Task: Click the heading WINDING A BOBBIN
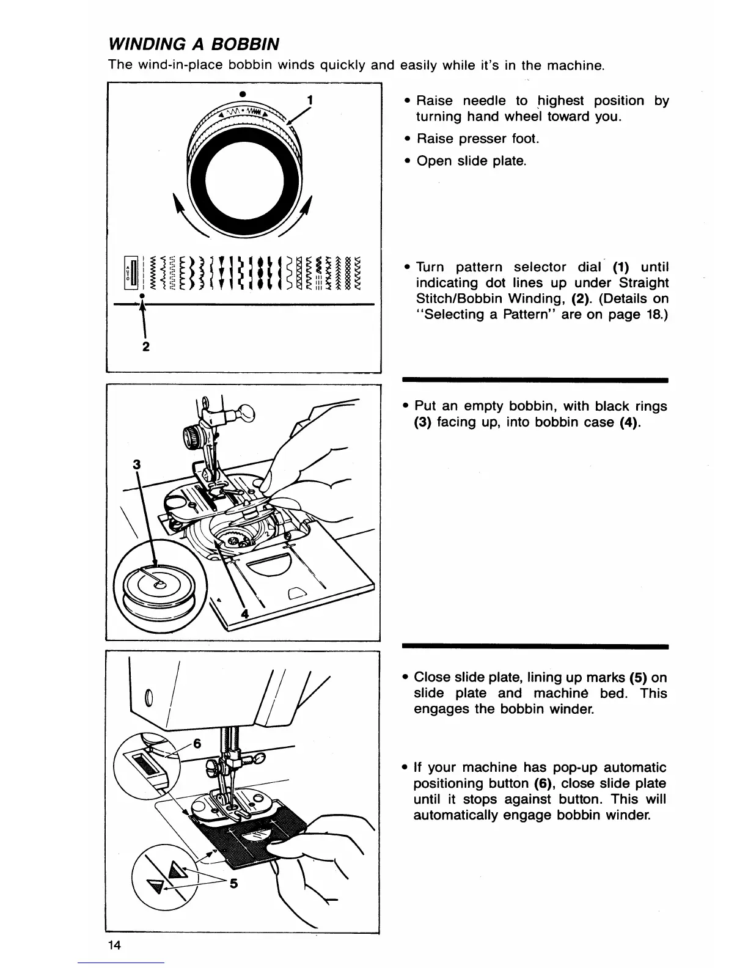[194, 44]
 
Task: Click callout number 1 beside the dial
[310, 100]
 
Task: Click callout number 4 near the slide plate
[244, 615]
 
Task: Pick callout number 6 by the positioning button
[197, 744]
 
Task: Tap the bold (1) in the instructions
[615, 267]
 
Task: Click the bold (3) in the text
[422, 422]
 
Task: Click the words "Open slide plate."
[471, 161]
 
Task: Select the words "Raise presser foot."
[478, 139]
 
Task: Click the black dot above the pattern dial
[243, 94]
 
